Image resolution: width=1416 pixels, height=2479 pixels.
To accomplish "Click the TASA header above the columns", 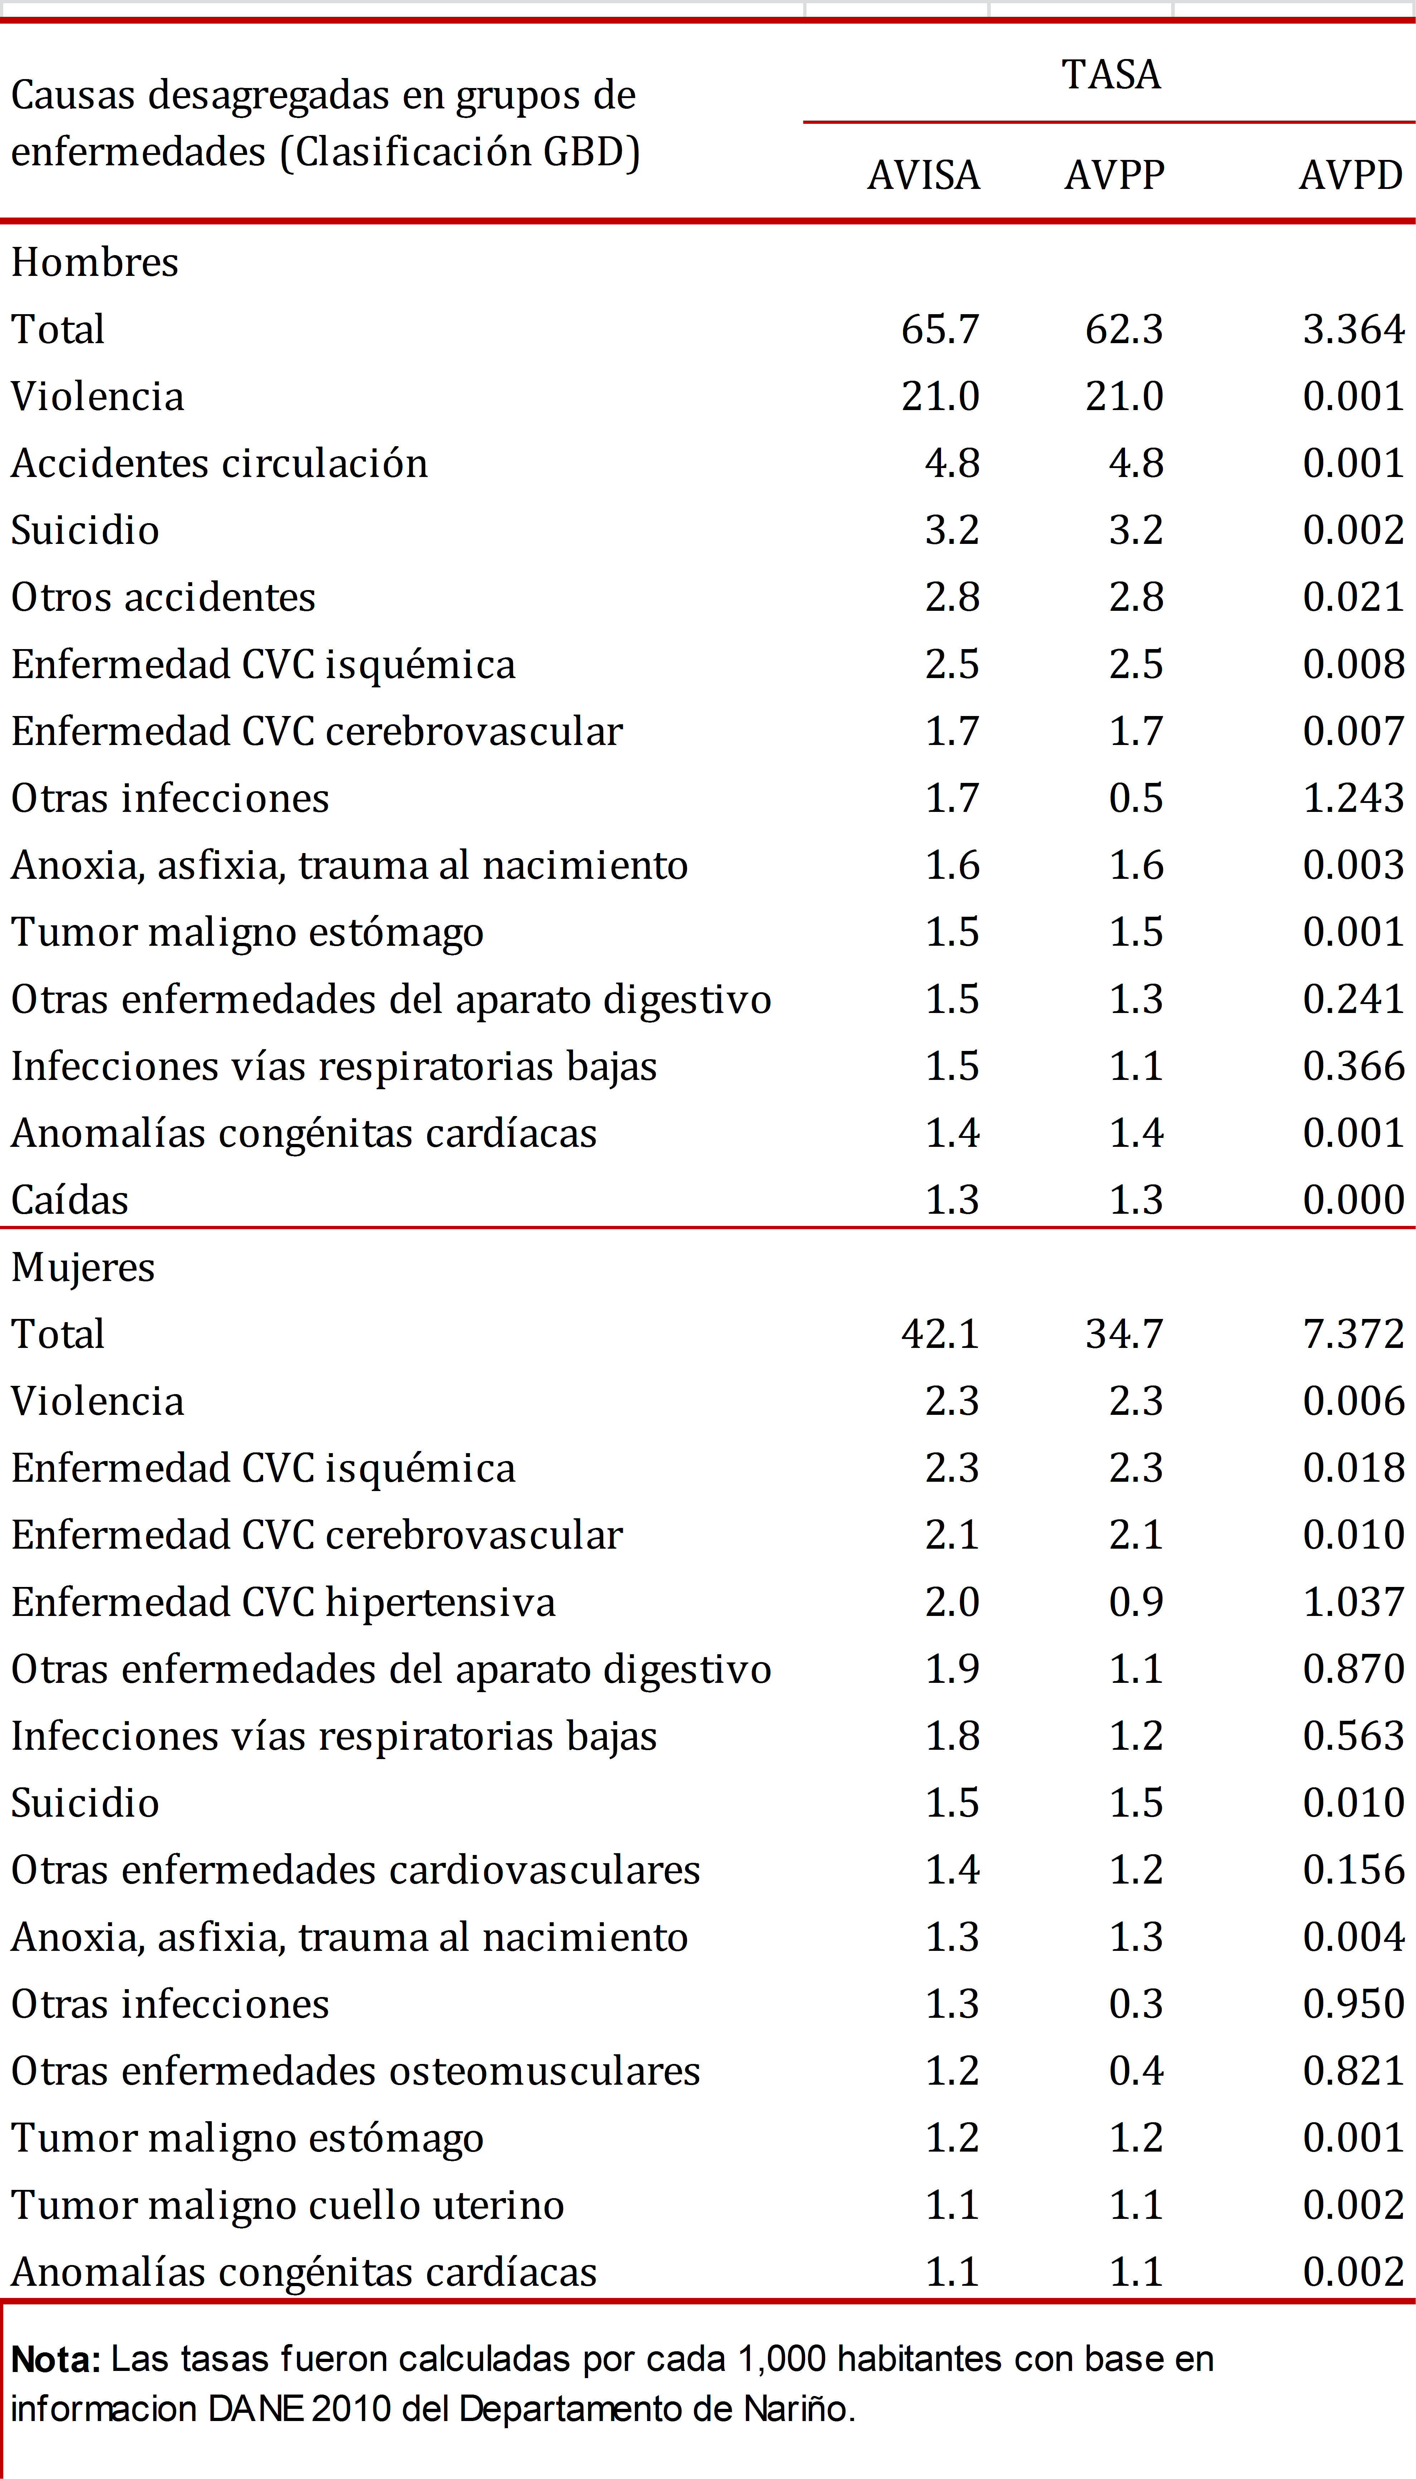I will coord(1111,75).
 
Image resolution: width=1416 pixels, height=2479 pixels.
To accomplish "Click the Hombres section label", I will coord(94,263).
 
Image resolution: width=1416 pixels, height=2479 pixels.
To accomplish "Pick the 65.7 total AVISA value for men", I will coord(940,330).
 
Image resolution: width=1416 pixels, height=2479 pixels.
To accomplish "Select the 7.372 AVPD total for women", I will coord(1353,1334).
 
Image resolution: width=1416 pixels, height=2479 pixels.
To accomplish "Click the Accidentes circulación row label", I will coord(219,464).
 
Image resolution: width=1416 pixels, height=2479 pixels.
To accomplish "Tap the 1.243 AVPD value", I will coord(1353,798).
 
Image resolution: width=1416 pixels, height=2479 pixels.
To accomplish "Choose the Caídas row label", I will coord(69,1200).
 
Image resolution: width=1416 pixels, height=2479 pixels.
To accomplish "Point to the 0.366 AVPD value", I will coord(1353,1066).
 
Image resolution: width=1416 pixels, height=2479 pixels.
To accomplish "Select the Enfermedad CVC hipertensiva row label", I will coord(283,1602).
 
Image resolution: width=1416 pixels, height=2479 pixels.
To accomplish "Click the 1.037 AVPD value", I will coord(1353,1602).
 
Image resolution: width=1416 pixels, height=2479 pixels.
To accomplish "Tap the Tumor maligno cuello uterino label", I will coord(287,2205).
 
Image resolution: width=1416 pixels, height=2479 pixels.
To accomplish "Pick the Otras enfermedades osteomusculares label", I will coord(355,2071).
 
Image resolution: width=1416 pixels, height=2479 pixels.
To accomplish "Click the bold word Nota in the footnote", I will coord(55,2359).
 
